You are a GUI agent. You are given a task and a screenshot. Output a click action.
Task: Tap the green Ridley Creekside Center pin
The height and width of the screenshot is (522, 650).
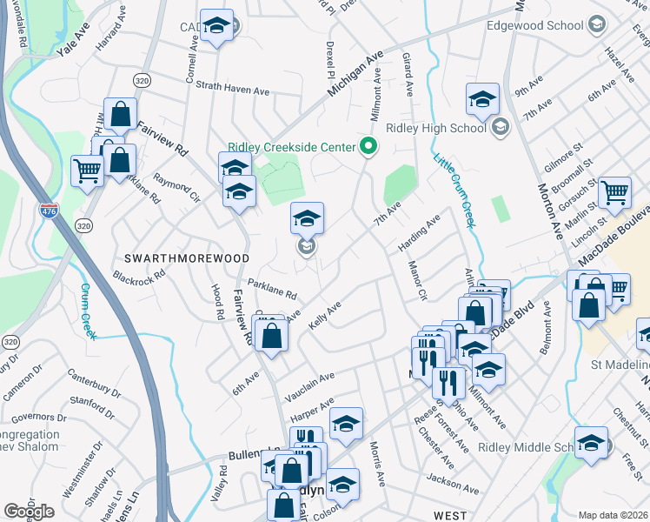[368, 146]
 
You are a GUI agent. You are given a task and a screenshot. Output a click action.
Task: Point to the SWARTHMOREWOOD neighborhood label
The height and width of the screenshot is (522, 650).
[187, 258]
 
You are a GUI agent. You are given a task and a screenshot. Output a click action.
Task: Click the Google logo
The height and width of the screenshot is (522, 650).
[29, 512]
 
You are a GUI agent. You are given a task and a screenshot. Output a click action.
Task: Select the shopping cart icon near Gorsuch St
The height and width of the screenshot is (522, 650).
[615, 192]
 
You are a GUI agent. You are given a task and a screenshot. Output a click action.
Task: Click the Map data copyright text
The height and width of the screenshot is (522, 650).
[613, 515]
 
